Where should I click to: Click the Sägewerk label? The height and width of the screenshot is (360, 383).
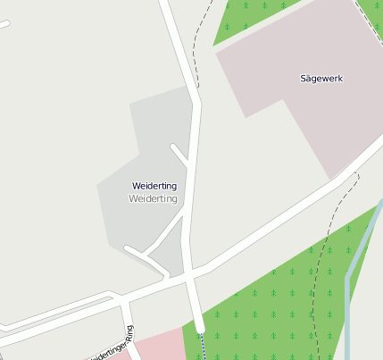pyautogui.click(x=321, y=79)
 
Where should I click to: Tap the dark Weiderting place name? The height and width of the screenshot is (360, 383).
pyautogui.click(x=154, y=186)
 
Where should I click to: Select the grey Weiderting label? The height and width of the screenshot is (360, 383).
pyautogui.click(x=154, y=198)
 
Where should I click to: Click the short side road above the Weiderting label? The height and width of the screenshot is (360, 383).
pyautogui.click(x=180, y=155)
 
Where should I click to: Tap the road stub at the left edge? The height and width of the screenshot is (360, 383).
pyautogui.click(x=4, y=24)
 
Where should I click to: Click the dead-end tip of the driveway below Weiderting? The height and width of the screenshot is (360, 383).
pyautogui.click(x=129, y=249)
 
